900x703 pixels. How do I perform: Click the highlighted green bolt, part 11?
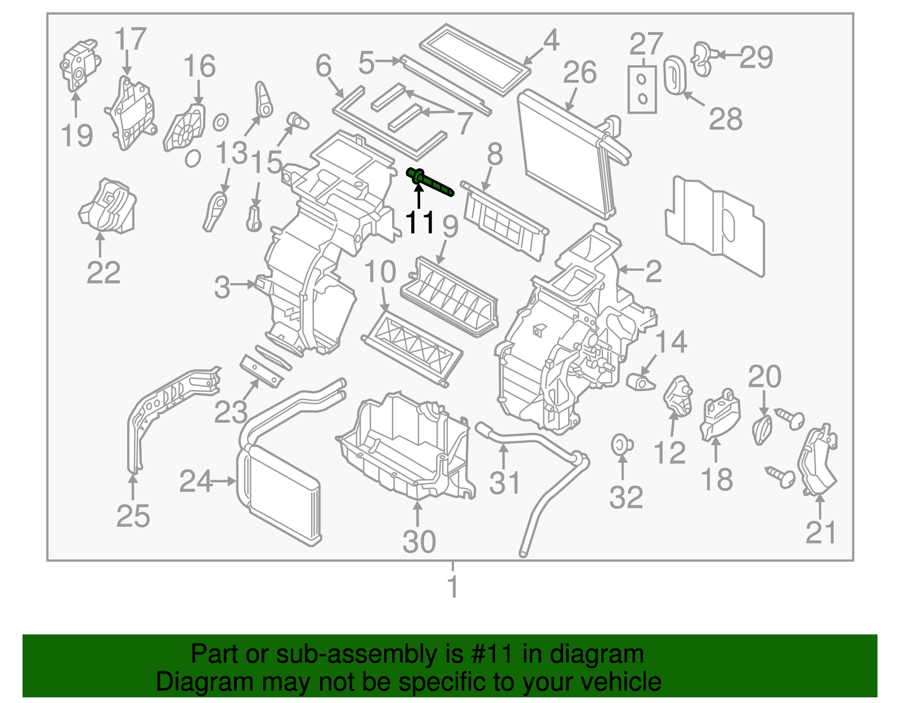[430, 182]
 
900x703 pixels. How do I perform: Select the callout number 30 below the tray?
[419, 541]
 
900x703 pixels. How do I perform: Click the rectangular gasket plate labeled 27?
[642, 89]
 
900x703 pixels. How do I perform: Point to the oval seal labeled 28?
[673, 74]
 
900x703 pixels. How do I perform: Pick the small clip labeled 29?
[703, 57]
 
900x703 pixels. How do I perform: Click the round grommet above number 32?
[621, 445]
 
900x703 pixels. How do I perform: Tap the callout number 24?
[196, 481]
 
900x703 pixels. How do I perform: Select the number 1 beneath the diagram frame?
[453, 587]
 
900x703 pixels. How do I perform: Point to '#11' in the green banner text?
[490, 654]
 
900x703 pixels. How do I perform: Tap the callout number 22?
[103, 273]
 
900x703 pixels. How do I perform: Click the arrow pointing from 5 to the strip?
[389, 61]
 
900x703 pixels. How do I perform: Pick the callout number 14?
[672, 342]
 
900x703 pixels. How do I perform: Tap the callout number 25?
[133, 516]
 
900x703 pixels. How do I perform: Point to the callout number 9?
[450, 226]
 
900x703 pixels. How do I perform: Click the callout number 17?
[130, 39]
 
